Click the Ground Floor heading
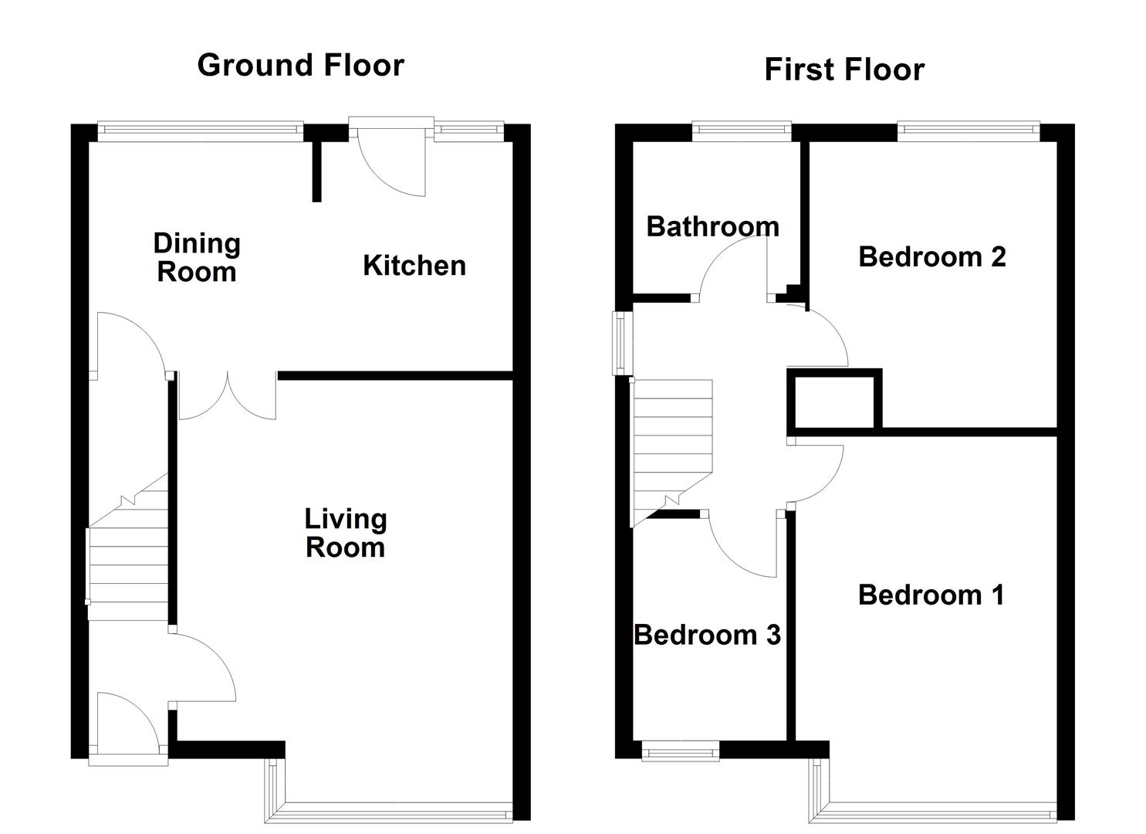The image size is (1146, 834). [300, 65]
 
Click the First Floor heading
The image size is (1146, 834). [843, 69]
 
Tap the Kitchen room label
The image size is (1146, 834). [414, 266]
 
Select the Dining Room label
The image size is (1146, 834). [197, 257]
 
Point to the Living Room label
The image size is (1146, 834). [345, 533]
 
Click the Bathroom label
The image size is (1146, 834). [712, 226]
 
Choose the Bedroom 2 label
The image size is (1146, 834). [931, 256]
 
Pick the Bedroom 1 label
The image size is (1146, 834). [931, 595]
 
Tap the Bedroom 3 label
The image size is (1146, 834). [707, 635]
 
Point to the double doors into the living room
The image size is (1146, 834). [228, 398]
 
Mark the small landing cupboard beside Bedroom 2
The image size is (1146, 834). [834, 400]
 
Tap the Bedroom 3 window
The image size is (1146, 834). [680, 751]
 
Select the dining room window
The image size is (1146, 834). [200, 131]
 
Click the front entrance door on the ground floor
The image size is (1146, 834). [128, 726]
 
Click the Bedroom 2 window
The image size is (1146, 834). [969, 131]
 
